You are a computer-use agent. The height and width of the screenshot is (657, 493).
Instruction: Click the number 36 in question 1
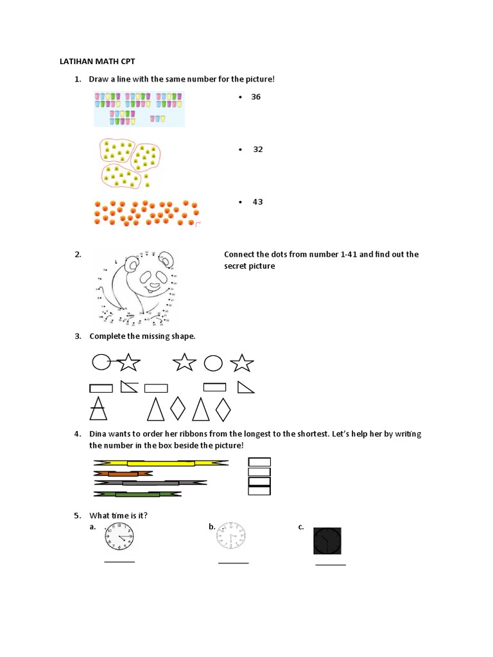(255, 97)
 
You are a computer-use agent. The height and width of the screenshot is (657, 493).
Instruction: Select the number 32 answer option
(257, 149)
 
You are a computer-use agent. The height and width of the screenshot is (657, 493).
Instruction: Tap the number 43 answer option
(257, 202)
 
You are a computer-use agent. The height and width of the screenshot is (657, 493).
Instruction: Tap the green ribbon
(137, 494)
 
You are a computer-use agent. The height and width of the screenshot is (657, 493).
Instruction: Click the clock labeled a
(120, 536)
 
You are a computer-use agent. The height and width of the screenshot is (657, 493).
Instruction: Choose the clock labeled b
(231, 536)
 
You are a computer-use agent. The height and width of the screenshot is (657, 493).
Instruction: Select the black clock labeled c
(327, 540)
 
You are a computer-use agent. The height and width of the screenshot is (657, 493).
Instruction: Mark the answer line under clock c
(330, 565)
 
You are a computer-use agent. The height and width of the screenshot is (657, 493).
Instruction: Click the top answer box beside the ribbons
(259, 462)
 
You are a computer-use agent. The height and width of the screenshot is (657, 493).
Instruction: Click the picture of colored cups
(139, 108)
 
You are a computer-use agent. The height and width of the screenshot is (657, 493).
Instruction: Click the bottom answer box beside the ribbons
(259, 491)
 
